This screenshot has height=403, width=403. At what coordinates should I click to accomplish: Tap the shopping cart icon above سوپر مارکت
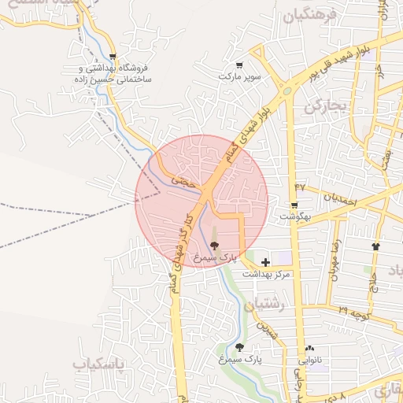pyautogui.click(x=239, y=65)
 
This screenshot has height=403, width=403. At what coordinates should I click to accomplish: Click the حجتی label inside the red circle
pyautogui.click(x=182, y=180)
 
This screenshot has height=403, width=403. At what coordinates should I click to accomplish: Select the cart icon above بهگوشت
pyautogui.click(x=294, y=205)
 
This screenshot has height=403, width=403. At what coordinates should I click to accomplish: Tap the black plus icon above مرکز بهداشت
pyautogui.click(x=265, y=262)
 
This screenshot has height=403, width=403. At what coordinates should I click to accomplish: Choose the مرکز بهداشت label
pyautogui.click(x=265, y=274)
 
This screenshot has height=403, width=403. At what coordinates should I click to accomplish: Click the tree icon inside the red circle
pyautogui.click(x=214, y=246)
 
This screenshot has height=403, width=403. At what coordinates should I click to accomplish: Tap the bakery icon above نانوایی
pyautogui.click(x=309, y=348)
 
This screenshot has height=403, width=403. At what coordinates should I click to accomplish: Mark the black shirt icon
pyautogui.click(x=375, y=246)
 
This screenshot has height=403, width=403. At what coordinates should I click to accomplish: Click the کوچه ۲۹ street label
pyautogui.click(x=355, y=312)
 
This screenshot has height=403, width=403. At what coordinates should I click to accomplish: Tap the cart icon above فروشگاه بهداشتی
pyautogui.click(x=115, y=56)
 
